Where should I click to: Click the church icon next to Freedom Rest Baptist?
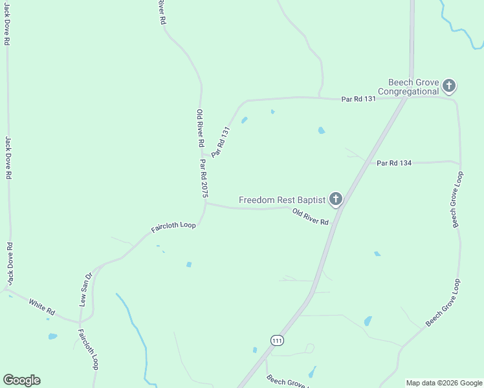coord(335,199)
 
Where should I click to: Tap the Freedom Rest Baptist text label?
coord(282,200)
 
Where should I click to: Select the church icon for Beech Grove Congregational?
coord(449,85)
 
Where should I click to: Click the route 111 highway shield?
coord(277,340)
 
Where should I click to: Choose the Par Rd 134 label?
coord(394,163)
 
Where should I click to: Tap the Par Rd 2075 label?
coord(204,178)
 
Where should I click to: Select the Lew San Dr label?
coord(85,288)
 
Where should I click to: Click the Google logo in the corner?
coord(21,380)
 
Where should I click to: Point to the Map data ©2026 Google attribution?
coord(443,383)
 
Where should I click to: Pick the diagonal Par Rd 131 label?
coord(221,140)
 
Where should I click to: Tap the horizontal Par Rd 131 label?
coord(358,99)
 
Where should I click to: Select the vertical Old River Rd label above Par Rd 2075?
coord(201,128)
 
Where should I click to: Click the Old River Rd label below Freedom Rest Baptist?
coord(311,217)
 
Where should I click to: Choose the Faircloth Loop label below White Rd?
coord(88,349)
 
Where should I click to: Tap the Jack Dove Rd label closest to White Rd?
coord(9,263)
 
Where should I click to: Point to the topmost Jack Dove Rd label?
coord(6,23)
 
